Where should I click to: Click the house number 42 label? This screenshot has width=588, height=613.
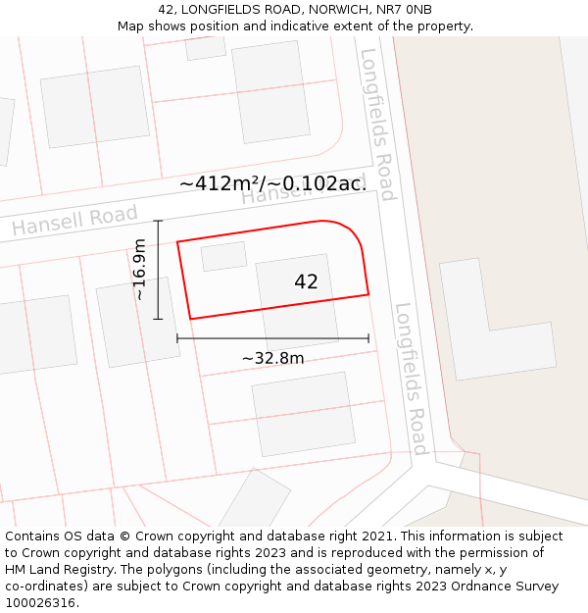(x=306, y=281)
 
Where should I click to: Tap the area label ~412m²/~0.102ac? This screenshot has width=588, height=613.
(x=272, y=183)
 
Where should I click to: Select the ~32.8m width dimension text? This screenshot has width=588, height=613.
(x=272, y=358)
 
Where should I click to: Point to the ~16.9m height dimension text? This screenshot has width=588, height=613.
(x=139, y=269)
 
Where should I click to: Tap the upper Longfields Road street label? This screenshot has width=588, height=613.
(x=377, y=125)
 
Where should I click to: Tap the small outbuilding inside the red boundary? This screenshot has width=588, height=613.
(x=224, y=256)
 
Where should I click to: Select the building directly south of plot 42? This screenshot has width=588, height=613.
(x=303, y=413)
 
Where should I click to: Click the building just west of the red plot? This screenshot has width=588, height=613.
(x=138, y=322)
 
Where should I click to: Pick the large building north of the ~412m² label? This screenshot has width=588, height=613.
(x=271, y=91)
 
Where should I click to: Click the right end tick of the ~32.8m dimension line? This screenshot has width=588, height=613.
(x=368, y=338)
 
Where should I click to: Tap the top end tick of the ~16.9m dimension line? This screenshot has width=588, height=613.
(x=158, y=222)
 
